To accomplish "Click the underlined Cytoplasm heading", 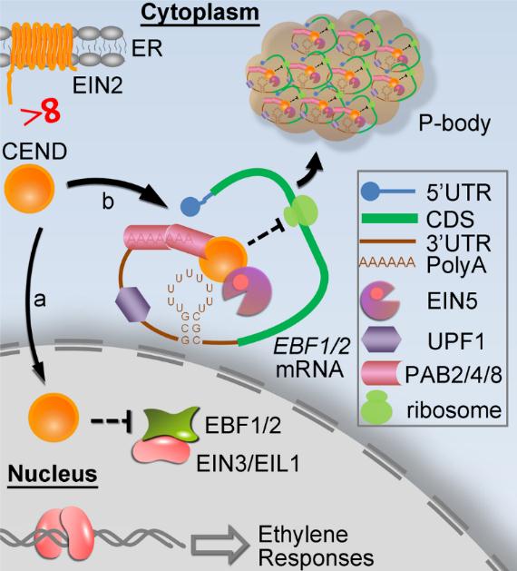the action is [200, 13].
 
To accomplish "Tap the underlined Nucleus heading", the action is [53, 474].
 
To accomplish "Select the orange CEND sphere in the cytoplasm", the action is [29, 189].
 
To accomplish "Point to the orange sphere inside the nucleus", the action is [54, 417].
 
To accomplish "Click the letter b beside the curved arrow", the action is [108, 201].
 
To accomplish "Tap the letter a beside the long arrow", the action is [40, 300].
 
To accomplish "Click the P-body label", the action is [454, 124].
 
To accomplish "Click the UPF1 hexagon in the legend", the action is [381, 340].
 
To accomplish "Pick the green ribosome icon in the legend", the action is [377, 408].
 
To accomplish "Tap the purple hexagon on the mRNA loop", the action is [132, 304].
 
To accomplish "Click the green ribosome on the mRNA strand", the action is [300, 212].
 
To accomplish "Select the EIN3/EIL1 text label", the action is [249, 464].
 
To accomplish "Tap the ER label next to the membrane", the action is [147, 48].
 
